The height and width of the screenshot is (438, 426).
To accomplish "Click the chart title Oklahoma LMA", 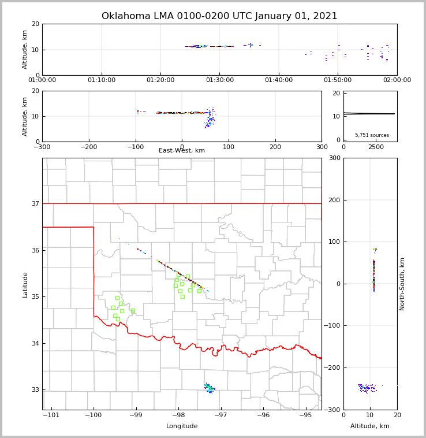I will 219,16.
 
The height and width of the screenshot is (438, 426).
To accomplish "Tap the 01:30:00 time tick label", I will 220,80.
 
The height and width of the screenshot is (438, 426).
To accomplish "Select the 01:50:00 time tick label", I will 338,80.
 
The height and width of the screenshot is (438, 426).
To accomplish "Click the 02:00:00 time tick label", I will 397,80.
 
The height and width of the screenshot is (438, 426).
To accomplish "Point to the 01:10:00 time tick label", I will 102,80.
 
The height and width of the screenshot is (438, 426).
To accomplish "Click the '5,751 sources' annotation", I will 372,135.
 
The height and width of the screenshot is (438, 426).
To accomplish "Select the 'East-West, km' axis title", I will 182,151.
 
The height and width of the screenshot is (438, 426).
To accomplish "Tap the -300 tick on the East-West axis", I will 42,147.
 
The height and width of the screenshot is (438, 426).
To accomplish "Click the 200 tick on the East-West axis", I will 275,147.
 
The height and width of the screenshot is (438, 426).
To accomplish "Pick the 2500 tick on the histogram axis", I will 376,147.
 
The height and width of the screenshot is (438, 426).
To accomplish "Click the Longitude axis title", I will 182,426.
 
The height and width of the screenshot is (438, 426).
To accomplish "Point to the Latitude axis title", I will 25,284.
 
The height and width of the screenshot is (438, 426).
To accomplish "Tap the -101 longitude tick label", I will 51,415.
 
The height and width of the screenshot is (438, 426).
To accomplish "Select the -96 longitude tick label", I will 263,415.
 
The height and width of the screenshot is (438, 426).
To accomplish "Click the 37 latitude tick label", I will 35,203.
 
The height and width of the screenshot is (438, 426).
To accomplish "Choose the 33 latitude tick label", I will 35,389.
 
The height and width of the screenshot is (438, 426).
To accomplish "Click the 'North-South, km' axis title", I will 403,284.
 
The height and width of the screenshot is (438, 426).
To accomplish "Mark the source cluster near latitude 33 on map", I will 209,388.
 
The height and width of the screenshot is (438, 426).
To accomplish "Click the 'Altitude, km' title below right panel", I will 370,426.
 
